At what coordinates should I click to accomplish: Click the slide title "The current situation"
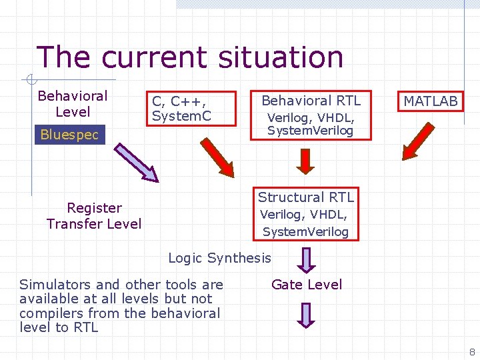189,57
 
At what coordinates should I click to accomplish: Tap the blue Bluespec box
69,135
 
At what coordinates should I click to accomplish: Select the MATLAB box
431,101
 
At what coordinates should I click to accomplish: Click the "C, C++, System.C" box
183,109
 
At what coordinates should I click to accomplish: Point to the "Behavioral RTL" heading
311,101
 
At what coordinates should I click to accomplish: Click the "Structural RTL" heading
306,197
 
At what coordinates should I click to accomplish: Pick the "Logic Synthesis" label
219,258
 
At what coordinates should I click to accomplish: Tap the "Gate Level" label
307,285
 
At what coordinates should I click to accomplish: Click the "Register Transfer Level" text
94,216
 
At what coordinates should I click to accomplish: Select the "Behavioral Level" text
72,104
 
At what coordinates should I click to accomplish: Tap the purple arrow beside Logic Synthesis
305,259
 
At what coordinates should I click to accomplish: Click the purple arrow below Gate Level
305,315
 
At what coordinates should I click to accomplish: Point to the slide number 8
471,351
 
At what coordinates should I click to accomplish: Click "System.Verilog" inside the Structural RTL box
305,232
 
